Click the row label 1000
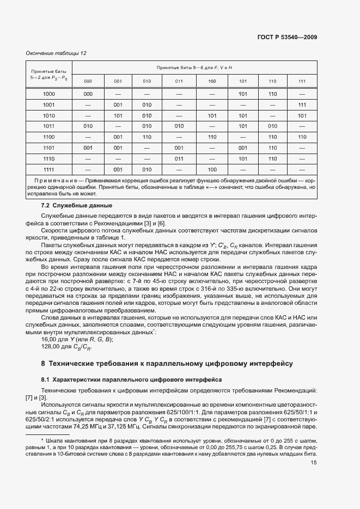[x=49, y=94]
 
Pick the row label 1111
[x=49, y=169]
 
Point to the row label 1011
[x=49, y=126]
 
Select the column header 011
[x=179, y=81]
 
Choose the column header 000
[x=88, y=81]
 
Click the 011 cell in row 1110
[x=179, y=158]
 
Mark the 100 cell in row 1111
[x=212, y=169]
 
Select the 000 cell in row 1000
[x=88, y=94]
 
